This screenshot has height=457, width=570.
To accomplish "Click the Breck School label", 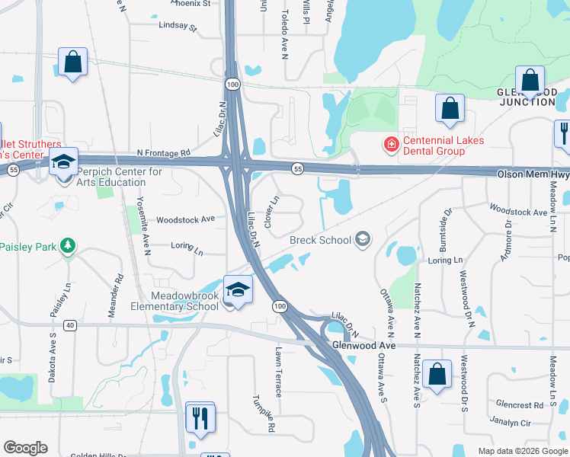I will [x=320, y=240].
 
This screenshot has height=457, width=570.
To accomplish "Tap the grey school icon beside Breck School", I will [x=363, y=240].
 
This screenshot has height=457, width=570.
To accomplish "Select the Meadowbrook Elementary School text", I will [x=174, y=301].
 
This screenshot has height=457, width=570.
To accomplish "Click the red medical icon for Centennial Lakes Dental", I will [x=391, y=142].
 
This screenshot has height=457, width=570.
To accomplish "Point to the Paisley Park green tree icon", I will [x=69, y=245].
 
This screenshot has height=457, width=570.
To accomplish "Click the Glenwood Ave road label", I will [x=364, y=345].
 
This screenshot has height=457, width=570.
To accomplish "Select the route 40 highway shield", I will [x=70, y=325].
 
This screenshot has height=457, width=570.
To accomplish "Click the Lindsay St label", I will [x=178, y=27].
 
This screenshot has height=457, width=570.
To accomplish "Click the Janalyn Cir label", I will [x=510, y=423].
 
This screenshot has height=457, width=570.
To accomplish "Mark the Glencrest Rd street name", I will [x=518, y=405].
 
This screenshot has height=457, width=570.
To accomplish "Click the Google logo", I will [x=26, y=448].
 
